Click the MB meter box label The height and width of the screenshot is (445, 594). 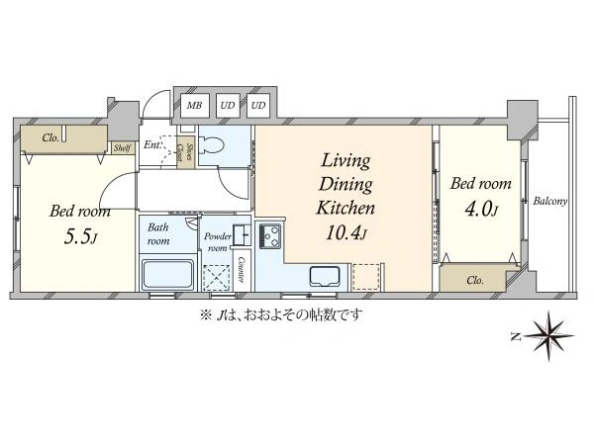pos(194,105)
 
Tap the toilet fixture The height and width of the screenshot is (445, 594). pos(212,145)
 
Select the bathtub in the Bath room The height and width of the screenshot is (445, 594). pos(167,274)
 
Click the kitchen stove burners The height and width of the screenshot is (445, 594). pos(270,236)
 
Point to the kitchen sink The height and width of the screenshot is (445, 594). pos(325,277)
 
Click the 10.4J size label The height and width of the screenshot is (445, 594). pos(346,233)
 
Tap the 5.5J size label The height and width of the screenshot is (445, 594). pos(81,237)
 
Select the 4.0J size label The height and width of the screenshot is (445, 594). pos(481,210)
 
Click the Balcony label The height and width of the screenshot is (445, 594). pos(550,201)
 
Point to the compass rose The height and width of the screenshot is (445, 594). pos(548,335)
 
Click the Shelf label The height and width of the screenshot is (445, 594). pos(123,148)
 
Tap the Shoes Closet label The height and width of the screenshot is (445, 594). pos(185,155)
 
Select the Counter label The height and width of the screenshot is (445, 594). pos(242,270)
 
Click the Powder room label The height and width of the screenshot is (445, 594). pos(218,242)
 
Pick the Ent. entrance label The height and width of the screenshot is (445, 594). pos(152,145)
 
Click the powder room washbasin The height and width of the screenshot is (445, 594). pos(242,235)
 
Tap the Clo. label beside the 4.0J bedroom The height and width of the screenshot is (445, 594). pos(475,281)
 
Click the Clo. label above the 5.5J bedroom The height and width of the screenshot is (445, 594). pos(50,137)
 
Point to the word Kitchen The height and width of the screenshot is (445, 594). pos(346,208)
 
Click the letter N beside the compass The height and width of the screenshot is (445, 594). pos(515,336)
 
